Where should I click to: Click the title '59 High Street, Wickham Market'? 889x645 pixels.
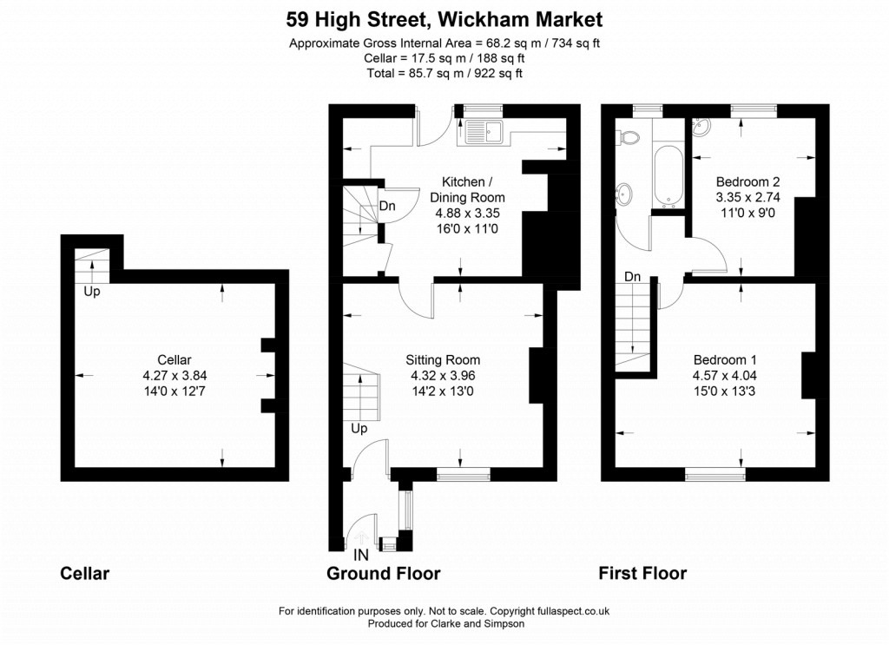pos(444,18)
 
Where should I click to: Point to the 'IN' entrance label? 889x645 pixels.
pos(361,553)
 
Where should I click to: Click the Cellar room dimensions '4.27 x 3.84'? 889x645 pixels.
pos(175,376)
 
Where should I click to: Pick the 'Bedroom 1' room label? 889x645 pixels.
pos(719,360)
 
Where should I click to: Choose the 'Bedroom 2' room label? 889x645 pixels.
pos(747,182)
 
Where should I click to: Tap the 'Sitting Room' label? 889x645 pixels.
pos(443,359)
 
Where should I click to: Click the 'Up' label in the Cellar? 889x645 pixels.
pos(92,292)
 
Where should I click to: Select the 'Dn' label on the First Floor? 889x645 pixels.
pos(633,276)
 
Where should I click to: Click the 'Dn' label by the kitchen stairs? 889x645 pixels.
pos(387,207)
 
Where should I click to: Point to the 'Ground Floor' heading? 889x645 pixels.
pos(383,574)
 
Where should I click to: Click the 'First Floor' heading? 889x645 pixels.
pos(642,574)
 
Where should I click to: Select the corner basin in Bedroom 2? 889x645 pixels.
pos(701,131)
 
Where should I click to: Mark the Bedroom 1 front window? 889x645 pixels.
pos(714,474)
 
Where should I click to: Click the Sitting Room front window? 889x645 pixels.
pos(463,474)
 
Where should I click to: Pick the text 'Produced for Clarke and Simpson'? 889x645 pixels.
pos(446,623)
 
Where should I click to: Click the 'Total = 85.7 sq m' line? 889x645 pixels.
pos(444,74)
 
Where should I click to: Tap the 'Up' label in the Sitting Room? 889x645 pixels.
pos(359,429)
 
